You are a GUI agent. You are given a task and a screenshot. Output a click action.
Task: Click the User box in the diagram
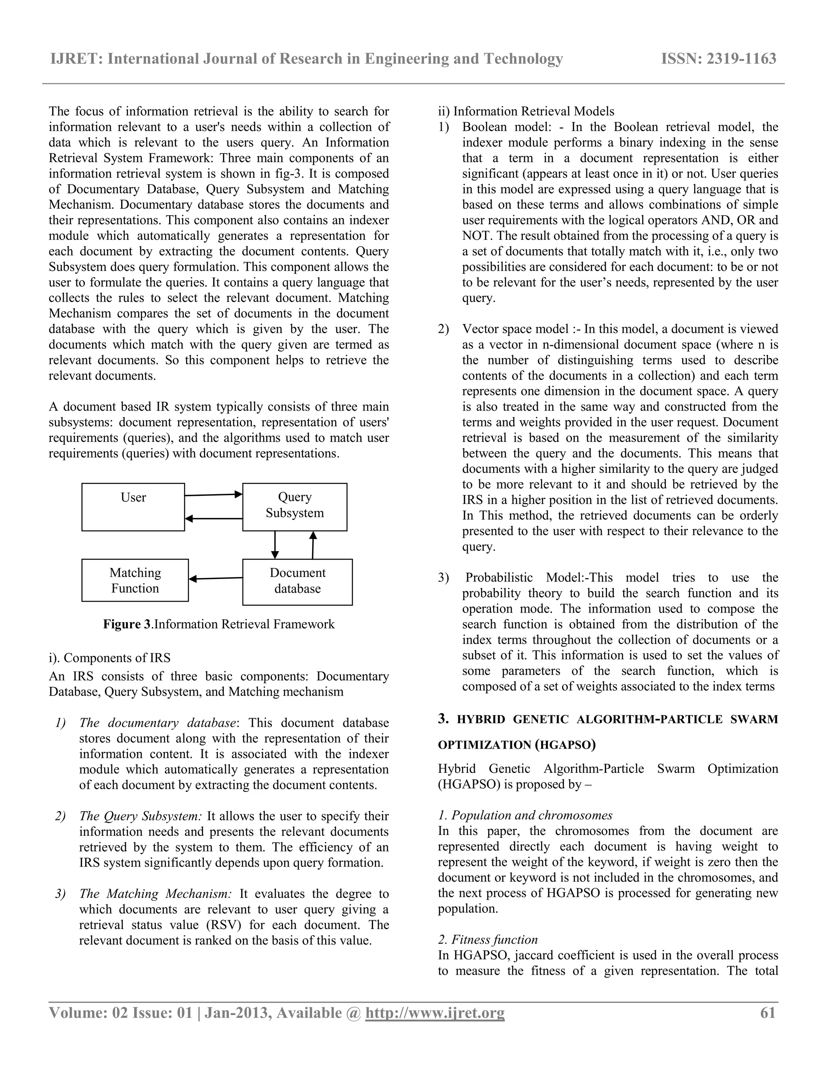click(133, 507)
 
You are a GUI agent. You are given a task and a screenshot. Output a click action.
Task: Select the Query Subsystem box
click(294, 507)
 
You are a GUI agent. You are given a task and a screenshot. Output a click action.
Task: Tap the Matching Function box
click(135, 580)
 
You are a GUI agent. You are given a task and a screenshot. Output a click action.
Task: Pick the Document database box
click(297, 581)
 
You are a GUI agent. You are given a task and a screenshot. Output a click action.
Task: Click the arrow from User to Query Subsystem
click(214, 495)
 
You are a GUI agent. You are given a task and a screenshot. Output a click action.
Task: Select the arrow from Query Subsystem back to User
click(214, 518)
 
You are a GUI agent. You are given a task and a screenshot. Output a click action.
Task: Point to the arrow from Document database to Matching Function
click(216, 579)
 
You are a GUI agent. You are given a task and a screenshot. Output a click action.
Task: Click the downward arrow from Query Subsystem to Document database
click(275, 545)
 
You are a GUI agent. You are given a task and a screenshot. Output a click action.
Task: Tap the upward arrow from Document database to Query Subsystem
click(313, 545)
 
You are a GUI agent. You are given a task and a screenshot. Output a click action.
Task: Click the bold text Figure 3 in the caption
click(127, 624)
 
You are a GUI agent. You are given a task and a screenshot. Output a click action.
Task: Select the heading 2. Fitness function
click(487, 940)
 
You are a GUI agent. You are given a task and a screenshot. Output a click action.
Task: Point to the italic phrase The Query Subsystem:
click(141, 816)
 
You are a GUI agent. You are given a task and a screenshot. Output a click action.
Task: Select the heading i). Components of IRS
click(109, 658)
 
